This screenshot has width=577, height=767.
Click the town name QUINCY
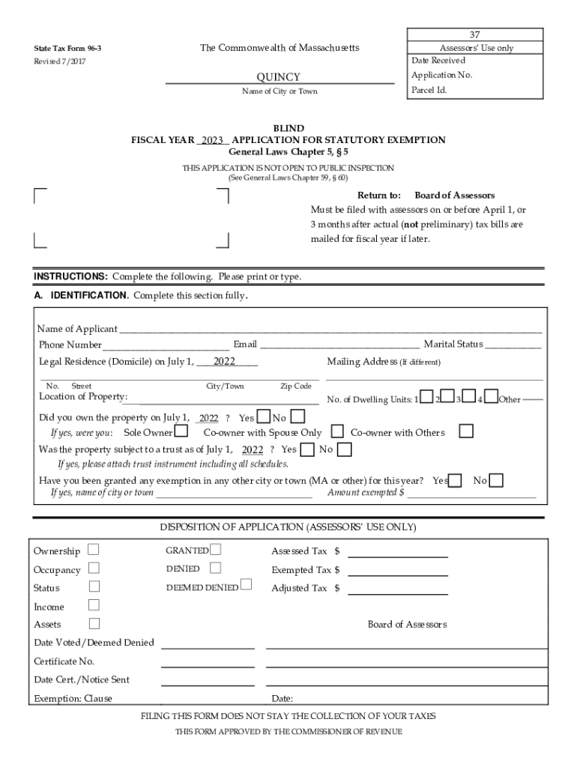279,77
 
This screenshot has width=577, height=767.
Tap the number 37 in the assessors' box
474,35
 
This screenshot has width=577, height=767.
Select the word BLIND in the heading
288,129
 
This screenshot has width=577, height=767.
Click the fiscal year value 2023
213,140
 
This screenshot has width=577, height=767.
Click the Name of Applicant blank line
330,330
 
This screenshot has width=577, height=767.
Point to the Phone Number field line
166,347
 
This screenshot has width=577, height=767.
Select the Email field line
339,347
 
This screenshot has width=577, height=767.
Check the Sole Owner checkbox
181,431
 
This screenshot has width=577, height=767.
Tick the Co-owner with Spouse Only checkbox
337,431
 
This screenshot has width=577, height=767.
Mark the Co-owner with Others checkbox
466,431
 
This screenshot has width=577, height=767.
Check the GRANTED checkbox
216,550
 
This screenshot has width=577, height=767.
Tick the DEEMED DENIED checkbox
246,585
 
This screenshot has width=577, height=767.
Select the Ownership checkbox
93,550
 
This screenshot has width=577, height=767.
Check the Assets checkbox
94,623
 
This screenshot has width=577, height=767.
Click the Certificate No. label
64,661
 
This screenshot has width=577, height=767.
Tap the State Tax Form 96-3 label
67,49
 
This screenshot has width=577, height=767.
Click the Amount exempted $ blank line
471,496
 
